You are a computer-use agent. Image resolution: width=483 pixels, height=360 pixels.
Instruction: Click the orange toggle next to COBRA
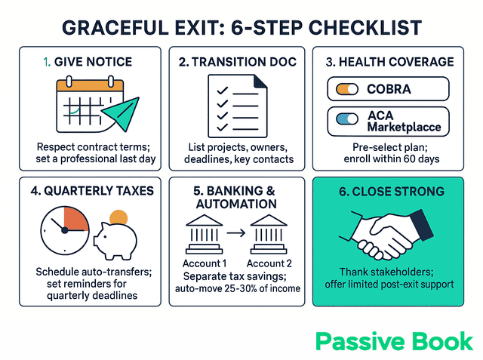pyautogui.click(x=346, y=89)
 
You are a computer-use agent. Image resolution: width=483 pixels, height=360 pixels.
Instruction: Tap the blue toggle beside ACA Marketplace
pyautogui.click(x=346, y=118)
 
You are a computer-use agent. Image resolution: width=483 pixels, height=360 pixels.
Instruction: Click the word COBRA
pyautogui.click(x=389, y=89)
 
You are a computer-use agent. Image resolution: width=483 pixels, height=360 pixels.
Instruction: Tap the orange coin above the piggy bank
pyautogui.click(x=118, y=217)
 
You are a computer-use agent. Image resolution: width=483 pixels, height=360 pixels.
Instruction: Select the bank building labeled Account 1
pyautogui.click(x=203, y=235)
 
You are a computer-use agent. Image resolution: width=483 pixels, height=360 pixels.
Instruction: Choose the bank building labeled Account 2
pyautogui.click(x=271, y=235)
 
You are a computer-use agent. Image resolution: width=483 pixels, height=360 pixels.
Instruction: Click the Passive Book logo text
pyautogui.click(x=394, y=341)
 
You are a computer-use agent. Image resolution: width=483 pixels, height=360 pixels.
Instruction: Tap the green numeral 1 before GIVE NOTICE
pyautogui.click(x=46, y=62)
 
